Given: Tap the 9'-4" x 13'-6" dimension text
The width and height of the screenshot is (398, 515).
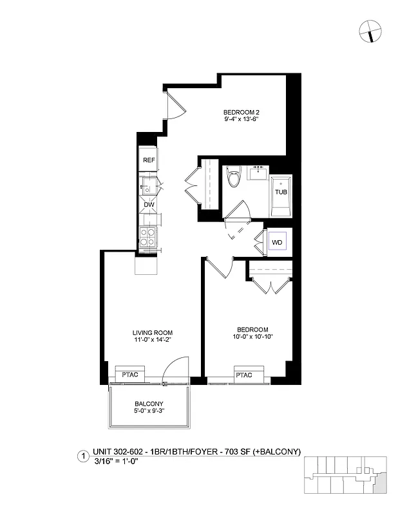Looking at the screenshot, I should click(x=242, y=119).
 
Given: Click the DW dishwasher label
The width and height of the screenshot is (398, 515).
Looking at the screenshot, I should click(x=148, y=205).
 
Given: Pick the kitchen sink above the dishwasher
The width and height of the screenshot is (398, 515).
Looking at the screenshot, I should click(x=147, y=189).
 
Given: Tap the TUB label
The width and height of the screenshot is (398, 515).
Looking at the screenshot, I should click(x=281, y=192).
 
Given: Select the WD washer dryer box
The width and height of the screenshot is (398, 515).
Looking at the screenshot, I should click(x=277, y=242).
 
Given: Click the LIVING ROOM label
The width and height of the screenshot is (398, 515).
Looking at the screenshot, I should click(x=152, y=333).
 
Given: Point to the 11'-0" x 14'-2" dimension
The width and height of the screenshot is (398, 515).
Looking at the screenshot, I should click(x=152, y=341).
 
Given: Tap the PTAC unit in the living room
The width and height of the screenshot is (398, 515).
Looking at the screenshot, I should click(x=130, y=373).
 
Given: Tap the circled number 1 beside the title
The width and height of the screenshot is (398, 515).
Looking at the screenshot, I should click(x=82, y=456).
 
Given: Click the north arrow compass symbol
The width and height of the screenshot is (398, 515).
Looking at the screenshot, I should click(x=370, y=29).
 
